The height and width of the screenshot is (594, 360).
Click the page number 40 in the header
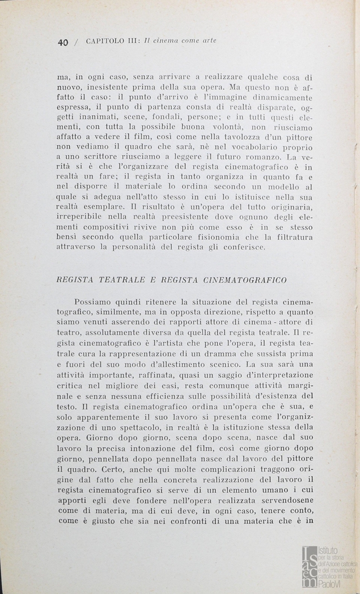click(62, 42)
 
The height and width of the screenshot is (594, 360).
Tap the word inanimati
click(100, 117)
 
